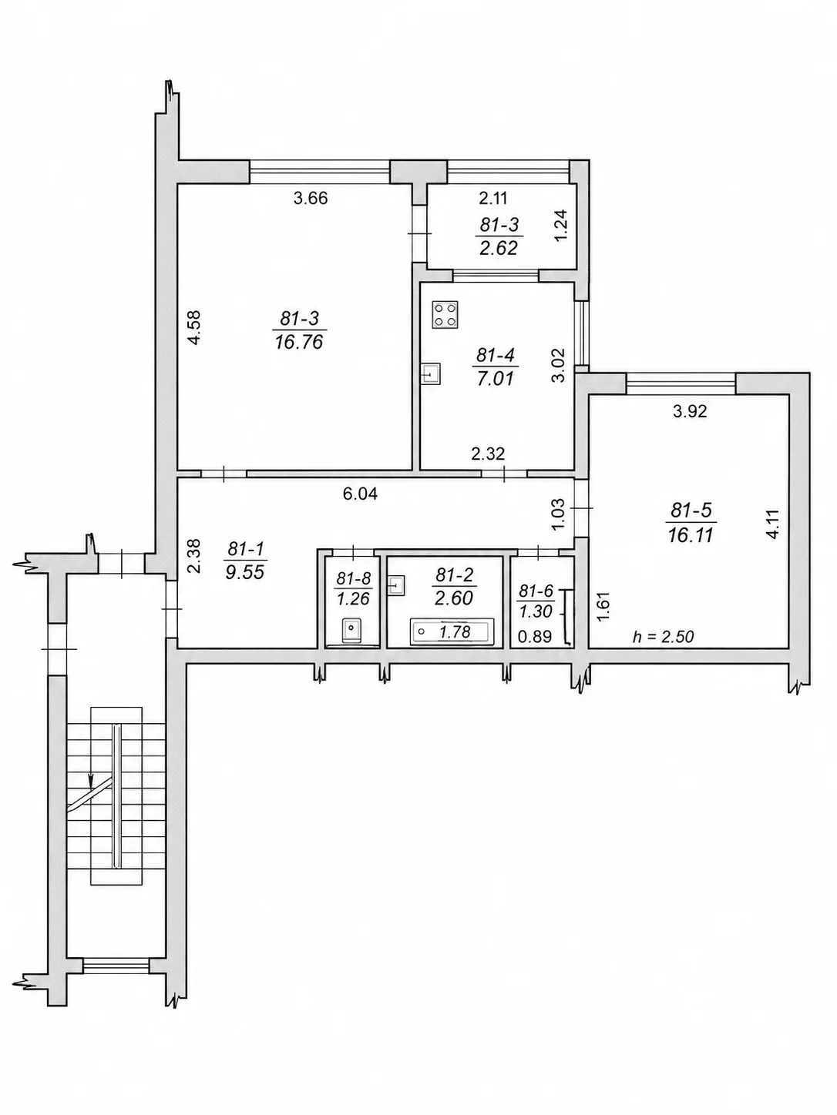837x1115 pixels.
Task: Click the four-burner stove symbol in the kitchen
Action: point(445,314)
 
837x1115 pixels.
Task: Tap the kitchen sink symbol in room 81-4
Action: point(430,374)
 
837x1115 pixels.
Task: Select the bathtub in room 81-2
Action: point(452,631)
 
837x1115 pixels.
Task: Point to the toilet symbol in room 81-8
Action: point(351,630)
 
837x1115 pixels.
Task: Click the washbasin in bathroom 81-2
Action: point(396,585)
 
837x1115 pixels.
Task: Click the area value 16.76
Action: point(299,341)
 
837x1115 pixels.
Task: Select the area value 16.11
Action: point(691,534)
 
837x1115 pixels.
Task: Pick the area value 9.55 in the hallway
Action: point(245,571)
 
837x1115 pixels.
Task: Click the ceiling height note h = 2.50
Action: point(663,637)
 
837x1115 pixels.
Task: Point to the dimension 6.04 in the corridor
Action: point(360,494)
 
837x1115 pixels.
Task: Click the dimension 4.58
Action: point(195,327)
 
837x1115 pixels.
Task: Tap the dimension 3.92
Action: point(690,410)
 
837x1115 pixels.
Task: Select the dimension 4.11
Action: point(772,524)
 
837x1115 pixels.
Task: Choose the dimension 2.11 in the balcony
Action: point(493,198)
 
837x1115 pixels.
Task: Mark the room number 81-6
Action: point(536,591)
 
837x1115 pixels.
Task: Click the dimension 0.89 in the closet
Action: point(535,637)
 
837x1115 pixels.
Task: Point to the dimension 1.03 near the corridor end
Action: point(557,514)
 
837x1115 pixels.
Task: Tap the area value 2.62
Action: point(499,247)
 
